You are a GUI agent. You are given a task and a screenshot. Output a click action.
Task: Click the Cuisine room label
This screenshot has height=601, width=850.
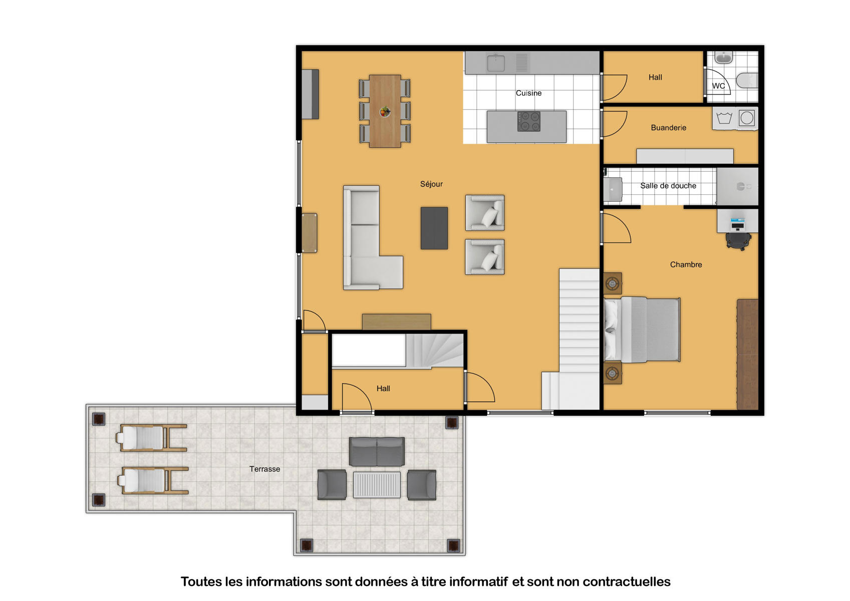pos(528,93)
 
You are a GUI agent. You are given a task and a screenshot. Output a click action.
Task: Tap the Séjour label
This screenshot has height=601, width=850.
pos(431,184)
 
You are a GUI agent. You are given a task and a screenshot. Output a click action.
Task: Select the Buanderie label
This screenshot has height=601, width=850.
pos(669,128)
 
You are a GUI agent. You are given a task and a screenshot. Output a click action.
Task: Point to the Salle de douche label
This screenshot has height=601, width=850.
pos(668,186)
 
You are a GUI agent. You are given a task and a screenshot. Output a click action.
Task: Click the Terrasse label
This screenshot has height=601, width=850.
pos(265,469)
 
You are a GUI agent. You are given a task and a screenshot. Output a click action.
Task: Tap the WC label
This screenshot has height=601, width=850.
pos(718,86)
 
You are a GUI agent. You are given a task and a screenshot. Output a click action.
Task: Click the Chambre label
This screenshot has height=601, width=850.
pos(686,264)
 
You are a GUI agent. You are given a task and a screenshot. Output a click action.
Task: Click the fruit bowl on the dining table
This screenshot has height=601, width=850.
pos(385,112)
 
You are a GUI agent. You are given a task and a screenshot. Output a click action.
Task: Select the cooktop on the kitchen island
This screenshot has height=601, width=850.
pos(528,121)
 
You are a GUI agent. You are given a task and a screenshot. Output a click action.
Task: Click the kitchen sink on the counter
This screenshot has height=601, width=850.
pos(496,63)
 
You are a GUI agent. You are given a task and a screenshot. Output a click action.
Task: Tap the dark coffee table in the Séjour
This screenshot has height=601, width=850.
pos(434,228)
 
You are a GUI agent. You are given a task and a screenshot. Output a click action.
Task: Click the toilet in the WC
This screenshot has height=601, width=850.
pos(747,81)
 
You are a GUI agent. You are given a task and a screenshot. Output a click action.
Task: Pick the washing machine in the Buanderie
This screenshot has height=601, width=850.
pos(747,118)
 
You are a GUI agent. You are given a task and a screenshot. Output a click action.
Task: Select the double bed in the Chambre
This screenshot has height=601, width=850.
pos(642,330)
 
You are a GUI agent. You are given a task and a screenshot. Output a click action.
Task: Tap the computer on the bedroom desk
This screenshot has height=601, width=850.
pos(738,224)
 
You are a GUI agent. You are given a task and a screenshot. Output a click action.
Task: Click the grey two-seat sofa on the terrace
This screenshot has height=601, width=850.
pos(377,452)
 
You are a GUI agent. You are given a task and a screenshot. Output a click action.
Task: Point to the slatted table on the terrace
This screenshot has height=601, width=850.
pos(377,485)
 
